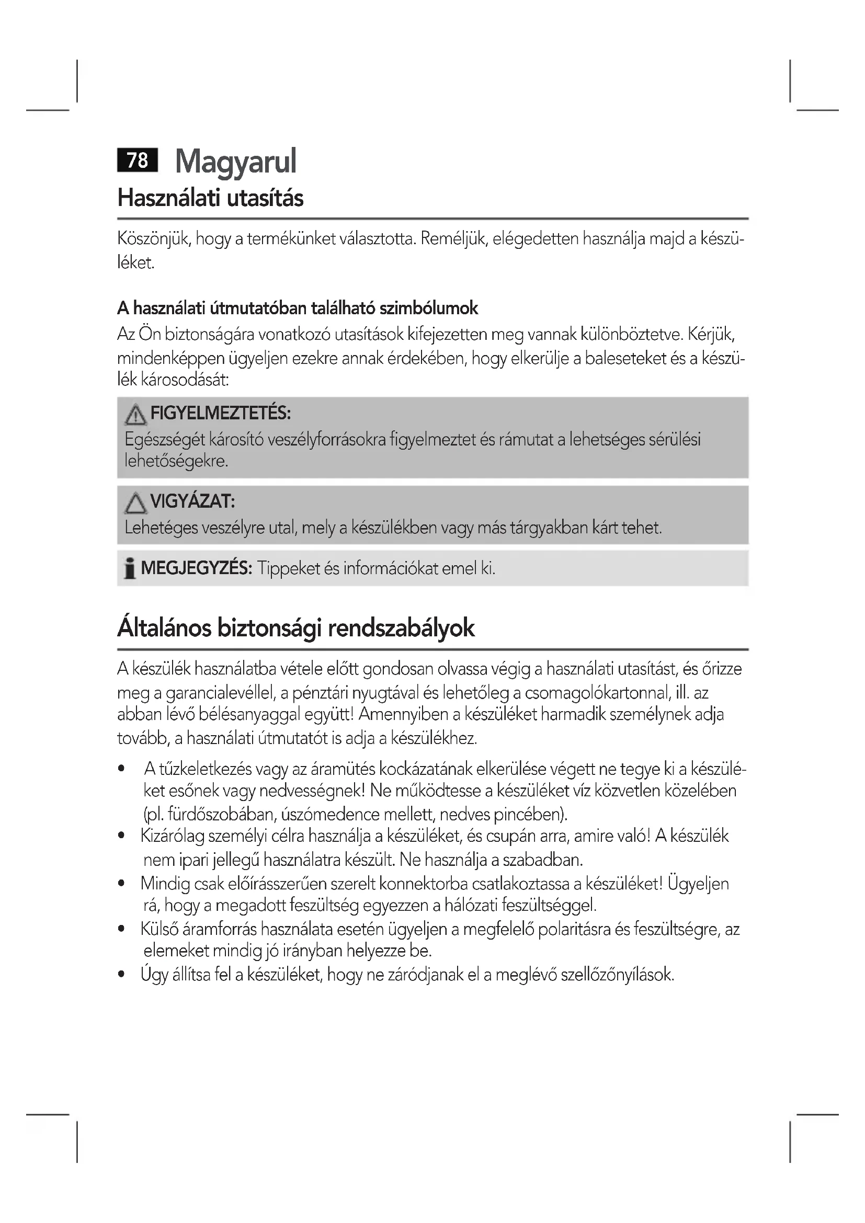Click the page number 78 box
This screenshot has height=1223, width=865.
pos(138,160)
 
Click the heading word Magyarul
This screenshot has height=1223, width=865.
pos(235,161)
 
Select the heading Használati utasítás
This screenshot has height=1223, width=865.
pos(210,198)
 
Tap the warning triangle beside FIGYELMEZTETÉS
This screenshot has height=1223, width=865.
pos(136,415)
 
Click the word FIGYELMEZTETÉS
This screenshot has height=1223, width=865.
pos(221,413)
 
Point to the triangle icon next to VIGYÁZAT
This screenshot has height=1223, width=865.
pos(136,503)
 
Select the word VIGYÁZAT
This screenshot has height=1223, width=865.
pos(192,501)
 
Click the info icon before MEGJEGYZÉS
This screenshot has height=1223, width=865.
pos(129,568)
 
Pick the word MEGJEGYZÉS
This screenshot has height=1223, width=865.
pos(196,568)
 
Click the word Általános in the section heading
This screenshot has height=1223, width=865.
pos(165,627)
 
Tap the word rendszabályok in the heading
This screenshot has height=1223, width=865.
pos(401,627)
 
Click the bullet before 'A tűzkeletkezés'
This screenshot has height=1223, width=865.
pos(122,769)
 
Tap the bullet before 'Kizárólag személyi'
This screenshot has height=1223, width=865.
pos(122,836)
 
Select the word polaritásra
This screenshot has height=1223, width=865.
pos(574,930)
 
